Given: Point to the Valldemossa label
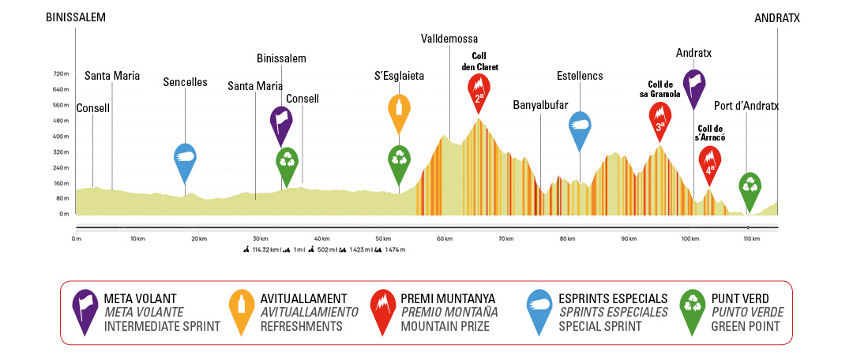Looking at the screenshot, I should [449, 39].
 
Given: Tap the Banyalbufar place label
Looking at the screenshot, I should [540, 104].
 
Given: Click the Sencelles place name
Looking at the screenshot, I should [185, 81].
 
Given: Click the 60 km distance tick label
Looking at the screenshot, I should [445, 238].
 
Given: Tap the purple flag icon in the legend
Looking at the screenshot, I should [84, 310].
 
